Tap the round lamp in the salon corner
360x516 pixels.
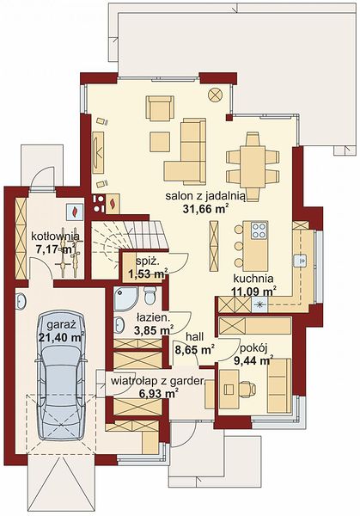(x=216, y=95)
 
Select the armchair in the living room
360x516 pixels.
(x=160, y=108)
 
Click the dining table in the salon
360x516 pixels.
(x=253, y=167)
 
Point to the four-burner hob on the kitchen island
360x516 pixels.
(x=259, y=230)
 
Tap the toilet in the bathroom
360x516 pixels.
(x=149, y=296)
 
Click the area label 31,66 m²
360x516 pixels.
(x=205, y=209)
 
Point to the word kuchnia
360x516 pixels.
(x=253, y=279)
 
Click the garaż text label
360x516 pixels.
(x=62, y=325)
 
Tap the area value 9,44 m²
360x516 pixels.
(x=253, y=360)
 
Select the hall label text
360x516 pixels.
(x=195, y=336)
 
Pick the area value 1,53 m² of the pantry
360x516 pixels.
(x=148, y=273)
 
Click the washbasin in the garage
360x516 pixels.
(x=21, y=301)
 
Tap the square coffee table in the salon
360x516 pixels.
(x=160, y=142)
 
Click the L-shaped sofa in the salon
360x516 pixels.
(x=185, y=151)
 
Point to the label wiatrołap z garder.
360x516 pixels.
(x=158, y=381)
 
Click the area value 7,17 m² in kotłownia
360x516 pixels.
(x=56, y=249)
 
